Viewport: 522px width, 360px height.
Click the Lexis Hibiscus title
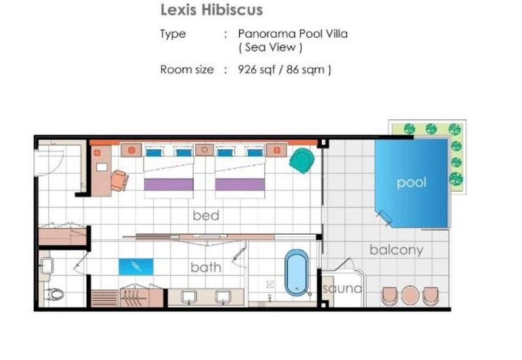[x=211, y=10]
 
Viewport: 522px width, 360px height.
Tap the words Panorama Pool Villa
[x=292, y=34]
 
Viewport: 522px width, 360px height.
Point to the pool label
[x=412, y=182]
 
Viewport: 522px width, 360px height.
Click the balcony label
[x=397, y=250]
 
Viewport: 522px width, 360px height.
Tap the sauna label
[x=342, y=288]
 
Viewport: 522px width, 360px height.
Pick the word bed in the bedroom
[x=206, y=215]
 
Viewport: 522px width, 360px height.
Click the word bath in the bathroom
[x=206, y=267]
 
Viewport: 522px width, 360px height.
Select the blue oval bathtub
[x=296, y=273]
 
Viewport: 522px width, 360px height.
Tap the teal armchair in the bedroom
[x=301, y=160]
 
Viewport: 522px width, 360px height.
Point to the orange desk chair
[x=119, y=181]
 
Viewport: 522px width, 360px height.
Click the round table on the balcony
[x=410, y=295]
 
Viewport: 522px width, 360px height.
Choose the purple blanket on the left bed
[x=169, y=185]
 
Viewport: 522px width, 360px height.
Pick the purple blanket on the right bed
[x=240, y=185]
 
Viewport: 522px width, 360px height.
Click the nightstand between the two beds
[x=204, y=150]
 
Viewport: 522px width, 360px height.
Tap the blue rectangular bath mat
[x=136, y=267]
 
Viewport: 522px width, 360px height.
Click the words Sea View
[x=270, y=47]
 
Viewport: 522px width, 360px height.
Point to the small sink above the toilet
[x=46, y=266]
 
